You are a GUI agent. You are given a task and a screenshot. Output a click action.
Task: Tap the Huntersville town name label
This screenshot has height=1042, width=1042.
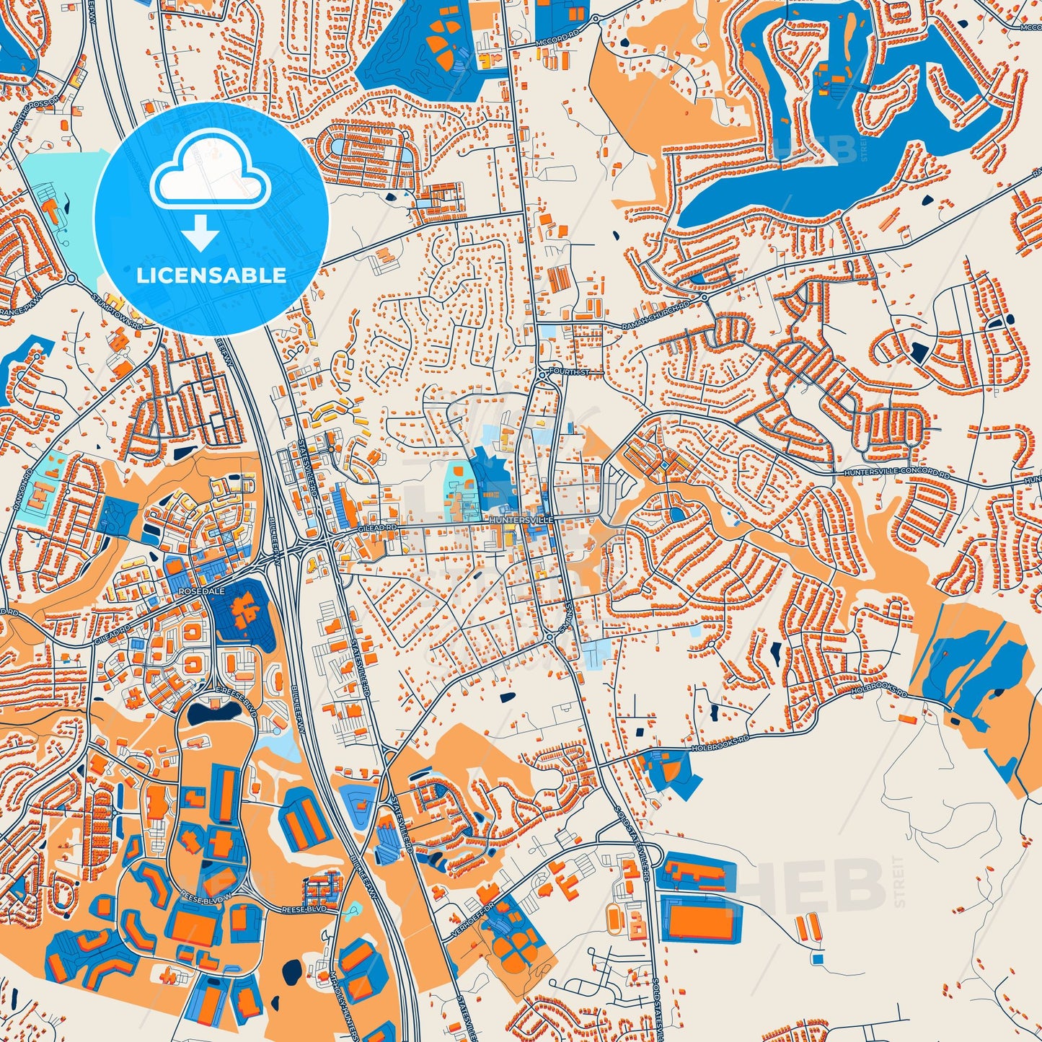[521, 519]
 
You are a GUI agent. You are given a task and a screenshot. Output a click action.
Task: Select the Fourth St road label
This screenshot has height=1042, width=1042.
[569, 371]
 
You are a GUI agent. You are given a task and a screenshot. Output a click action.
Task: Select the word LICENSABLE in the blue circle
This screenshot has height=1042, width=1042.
[211, 275]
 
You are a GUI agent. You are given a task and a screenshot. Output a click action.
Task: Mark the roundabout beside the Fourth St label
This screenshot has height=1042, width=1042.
[542, 373]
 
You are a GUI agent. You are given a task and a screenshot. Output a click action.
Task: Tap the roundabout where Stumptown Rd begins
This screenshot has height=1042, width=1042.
[71, 277]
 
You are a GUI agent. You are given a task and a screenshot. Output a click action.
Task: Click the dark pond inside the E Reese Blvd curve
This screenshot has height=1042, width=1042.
[213, 713]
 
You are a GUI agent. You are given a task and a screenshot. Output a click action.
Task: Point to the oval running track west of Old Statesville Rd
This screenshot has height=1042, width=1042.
[614, 918]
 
